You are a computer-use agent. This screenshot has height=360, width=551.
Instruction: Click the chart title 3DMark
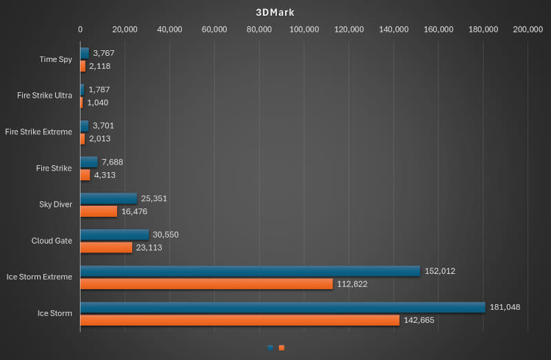tap(275, 12)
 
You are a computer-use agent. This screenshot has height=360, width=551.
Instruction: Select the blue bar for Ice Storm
tap(282, 307)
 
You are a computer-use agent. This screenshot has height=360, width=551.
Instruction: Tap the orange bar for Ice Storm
tap(240, 320)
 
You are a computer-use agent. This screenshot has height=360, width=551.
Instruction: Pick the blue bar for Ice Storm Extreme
tap(250, 271)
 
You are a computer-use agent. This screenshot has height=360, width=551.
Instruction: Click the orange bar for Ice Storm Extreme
tap(206, 284)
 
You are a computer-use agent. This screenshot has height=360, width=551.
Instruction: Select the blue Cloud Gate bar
tap(114, 235)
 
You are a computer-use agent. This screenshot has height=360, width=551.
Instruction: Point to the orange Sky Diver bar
tap(98, 211)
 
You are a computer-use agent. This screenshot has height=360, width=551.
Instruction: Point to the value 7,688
tap(112, 162)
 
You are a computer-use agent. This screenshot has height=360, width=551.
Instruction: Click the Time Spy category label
tap(56, 59)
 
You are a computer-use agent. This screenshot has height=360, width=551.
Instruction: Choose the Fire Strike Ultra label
tap(45, 96)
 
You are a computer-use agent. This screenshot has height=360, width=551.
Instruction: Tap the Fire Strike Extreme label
tap(39, 131)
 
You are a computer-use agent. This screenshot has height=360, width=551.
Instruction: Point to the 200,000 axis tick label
tap(528, 29)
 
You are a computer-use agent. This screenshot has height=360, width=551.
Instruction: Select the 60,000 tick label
tap(214, 29)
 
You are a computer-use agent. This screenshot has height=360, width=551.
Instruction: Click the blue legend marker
tap(270, 348)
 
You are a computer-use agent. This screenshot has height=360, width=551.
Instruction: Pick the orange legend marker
tap(281, 348)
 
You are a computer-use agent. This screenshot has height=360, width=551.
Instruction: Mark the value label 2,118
tap(100, 66)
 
